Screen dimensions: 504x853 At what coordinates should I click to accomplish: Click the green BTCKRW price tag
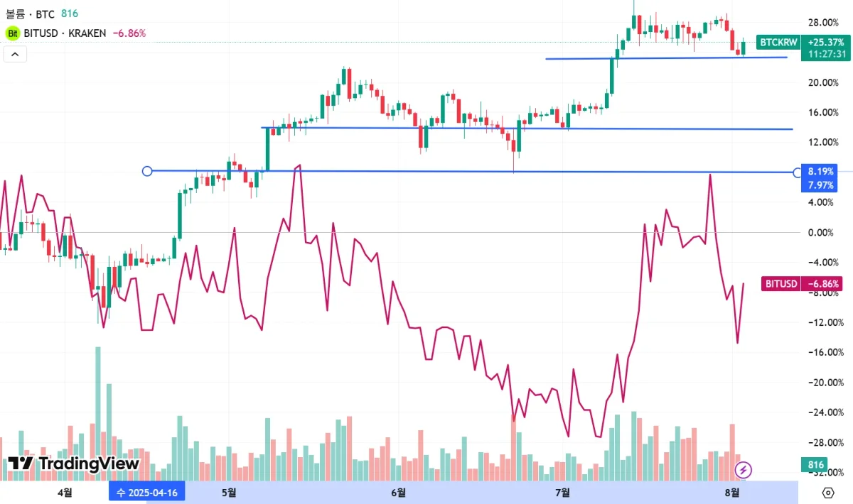tap(778, 43)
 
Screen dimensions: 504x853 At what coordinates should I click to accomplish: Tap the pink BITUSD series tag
tap(780, 284)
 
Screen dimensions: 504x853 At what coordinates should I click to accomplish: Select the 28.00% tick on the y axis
tap(823, 22)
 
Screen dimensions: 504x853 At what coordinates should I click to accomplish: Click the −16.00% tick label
tap(823, 352)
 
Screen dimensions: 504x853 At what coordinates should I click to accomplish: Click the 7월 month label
tap(562, 492)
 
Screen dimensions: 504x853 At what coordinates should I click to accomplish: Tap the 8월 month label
tap(731, 492)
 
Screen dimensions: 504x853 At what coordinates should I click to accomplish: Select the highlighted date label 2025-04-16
tap(147, 492)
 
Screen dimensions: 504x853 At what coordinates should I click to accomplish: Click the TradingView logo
tap(73, 464)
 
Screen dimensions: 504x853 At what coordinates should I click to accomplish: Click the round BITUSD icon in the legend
tap(13, 33)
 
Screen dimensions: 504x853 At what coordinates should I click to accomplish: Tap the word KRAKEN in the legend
tap(88, 33)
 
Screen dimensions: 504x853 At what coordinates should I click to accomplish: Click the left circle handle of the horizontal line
tap(147, 171)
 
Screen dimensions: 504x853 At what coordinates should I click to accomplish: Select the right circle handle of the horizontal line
tap(796, 172)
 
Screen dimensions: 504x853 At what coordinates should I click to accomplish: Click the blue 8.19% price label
tap(821, 171)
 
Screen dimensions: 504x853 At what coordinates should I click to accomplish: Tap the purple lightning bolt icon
tap(744, 469)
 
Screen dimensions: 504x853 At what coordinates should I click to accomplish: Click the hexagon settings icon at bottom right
tap(827, 493)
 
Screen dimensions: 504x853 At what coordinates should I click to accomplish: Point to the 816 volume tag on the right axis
tap(817, 465)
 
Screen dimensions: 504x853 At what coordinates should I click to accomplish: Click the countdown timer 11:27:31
tap(822, 54)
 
